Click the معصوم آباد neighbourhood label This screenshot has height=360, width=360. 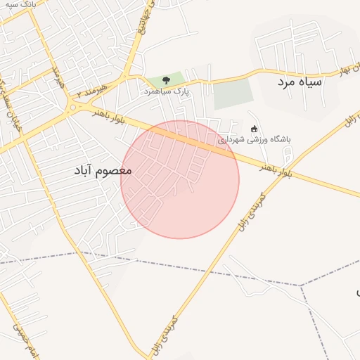[x=103, y=171]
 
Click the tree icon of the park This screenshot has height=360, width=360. [x=166, y=80]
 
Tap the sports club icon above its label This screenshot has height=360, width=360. [x=254, y=129]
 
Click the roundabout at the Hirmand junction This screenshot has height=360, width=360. [x=72, y=107]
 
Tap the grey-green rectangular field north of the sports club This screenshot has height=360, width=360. [x=233, y=94]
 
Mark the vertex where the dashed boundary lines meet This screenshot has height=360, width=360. [x=302, y=285]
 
